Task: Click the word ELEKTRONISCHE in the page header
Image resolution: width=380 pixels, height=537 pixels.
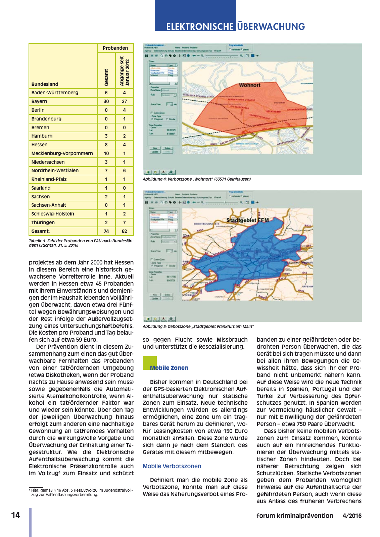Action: (200, 27)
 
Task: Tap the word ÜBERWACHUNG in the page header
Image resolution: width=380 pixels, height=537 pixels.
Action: (271, 27)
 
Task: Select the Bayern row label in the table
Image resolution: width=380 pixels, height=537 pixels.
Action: (39, 101)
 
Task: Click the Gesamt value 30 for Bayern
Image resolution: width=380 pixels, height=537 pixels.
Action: (106, 101)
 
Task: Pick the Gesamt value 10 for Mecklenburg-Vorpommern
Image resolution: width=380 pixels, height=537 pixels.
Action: (106, 153)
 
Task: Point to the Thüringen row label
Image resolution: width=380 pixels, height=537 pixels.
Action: (43, 223)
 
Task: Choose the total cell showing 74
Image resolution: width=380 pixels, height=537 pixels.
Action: (106, 231)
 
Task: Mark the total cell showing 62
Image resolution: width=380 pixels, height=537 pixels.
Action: (125, 231)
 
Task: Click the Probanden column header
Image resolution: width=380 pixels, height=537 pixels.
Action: (115, 48)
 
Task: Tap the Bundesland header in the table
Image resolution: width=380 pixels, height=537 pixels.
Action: (45, 84)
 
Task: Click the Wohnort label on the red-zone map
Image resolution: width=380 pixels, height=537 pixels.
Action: (249, 85)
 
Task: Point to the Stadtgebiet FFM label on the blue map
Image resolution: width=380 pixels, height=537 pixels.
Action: (247, 220)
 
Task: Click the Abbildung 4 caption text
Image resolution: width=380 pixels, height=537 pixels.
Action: (197, 179)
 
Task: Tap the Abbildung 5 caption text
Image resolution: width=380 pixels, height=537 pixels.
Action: (198, 327)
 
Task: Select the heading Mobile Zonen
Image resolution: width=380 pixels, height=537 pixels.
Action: (169, 368)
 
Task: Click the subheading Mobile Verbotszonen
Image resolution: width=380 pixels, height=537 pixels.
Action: (172, 466)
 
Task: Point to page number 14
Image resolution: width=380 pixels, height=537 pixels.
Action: (15, 516)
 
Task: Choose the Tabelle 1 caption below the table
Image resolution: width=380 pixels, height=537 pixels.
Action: (81, 243)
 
